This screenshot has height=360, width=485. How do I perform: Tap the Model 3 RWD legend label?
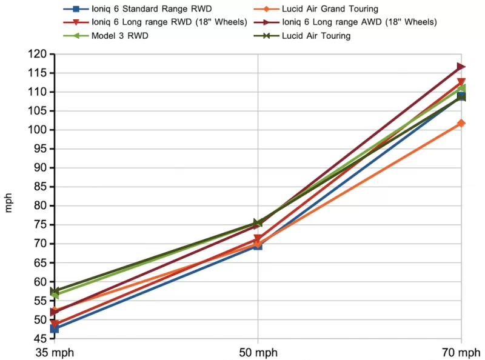[121, 36]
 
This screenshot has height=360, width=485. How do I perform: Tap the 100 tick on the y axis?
[38, 130]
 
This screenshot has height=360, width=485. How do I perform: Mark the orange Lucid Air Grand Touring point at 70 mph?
[461, 123]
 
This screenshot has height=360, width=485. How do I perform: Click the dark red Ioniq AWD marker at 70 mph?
[461, 67]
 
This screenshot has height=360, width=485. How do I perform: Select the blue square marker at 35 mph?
[55, 328]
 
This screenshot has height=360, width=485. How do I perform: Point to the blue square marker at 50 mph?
[258, 245]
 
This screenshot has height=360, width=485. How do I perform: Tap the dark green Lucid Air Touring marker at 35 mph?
[55, 292]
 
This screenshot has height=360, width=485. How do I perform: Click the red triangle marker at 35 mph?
[55, 324]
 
